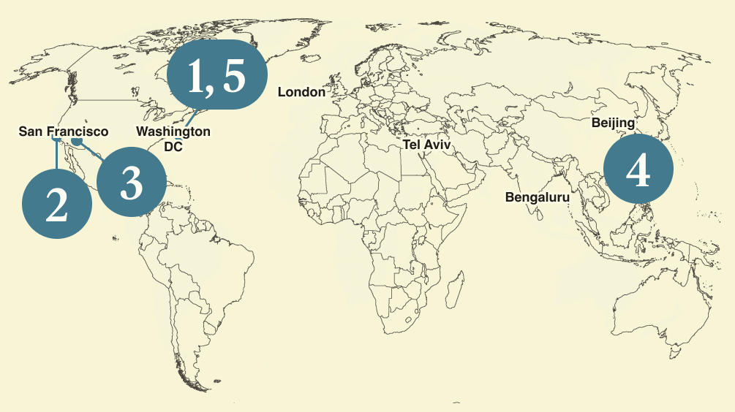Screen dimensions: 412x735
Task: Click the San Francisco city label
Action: (x=63, y=131)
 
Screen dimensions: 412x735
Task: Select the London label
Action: (x=301, y=92)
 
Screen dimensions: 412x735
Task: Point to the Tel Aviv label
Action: (x=426, y=145)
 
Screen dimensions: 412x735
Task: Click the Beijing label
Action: (x=613, y=123)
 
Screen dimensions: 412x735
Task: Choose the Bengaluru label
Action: (x=537, y=197)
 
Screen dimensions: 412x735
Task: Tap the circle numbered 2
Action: (x=57, y=203)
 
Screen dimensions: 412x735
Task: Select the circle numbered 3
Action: (x=131, y=183)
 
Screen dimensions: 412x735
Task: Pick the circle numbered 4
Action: (x=638, y=169)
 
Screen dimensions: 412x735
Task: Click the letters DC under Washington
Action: (x=173, y=147)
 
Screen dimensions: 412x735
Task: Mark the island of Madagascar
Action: (x=456, y=287)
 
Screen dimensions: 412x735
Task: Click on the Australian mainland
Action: (x=644, y=307)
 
